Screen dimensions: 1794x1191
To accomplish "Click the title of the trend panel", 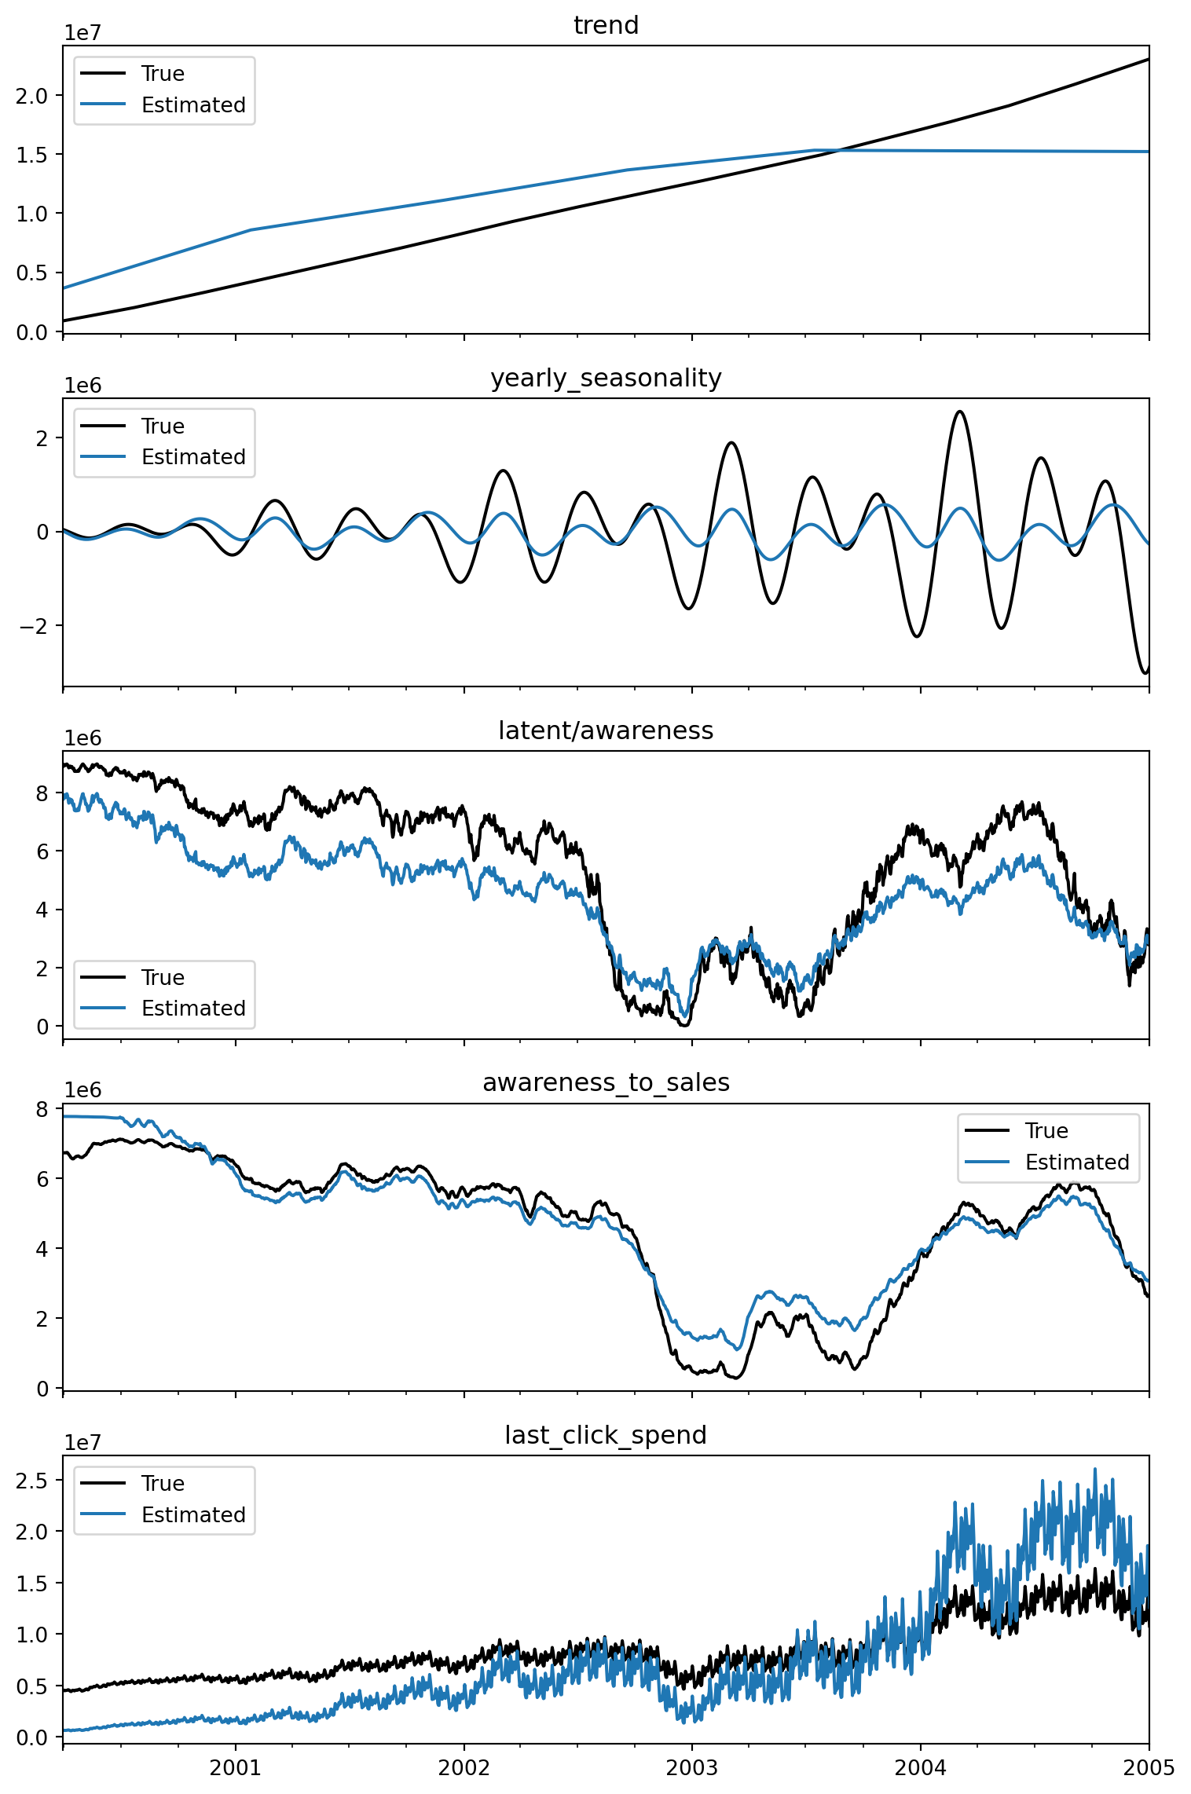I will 606,26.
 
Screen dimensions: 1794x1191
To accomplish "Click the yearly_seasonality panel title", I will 606,379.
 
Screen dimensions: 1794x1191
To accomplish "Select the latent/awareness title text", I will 606,731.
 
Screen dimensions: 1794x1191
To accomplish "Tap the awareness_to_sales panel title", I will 606,1083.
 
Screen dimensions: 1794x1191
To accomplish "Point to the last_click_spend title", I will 606,1436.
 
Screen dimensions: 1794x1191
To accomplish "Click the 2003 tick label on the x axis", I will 691,1768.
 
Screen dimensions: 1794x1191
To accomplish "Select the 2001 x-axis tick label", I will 235,1768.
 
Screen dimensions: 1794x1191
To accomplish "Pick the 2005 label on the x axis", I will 1149,1768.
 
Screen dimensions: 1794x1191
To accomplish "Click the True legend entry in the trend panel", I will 163,74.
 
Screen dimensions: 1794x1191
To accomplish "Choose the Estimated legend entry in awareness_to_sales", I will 1077,1162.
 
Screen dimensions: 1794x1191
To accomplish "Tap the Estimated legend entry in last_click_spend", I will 193,1515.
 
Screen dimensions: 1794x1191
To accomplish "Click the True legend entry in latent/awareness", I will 163,978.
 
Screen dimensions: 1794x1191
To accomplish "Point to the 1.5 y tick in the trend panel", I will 31,155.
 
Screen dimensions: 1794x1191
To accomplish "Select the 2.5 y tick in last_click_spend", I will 31,1481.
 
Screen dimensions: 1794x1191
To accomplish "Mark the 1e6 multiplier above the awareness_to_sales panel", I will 82,1090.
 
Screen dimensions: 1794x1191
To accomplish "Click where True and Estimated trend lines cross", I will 839,150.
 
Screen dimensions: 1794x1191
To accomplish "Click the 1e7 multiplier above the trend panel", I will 82,33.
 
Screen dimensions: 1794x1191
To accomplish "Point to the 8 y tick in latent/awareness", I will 42,794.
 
